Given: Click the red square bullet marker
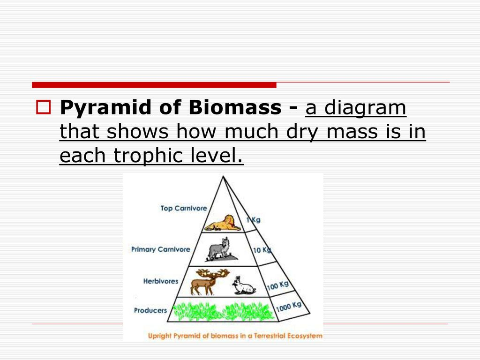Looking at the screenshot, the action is pyautogui.click(x=44, y=107).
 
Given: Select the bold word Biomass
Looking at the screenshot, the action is pyautogui.click(x=235, y=107).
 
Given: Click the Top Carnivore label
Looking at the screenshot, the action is pyautogui.click(x=184, y=209).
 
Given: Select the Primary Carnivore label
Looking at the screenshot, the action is pyautogui.click(x=161, y=249).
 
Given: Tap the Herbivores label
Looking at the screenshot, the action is pyautogui.click(x=161, y=281).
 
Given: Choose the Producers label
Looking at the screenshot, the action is pyautogui.click(x=150, y=310).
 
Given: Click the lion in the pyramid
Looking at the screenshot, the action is pyautogui.click(x=223, y=223).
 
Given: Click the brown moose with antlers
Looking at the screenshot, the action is pyautogui.click(x=209, y=282).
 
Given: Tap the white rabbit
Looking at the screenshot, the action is pyautogui.click(x=243, y=285).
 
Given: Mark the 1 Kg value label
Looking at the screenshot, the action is pyautogui.click(x=254, y=220).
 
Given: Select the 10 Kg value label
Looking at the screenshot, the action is pyautogui.click(x=262, y=250).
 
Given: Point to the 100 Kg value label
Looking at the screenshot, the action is pyautogui.click(x=277, y=285).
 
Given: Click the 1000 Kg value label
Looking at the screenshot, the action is pyautogui.click(x=289, y=307).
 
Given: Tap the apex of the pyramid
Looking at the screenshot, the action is pyautogui.click(x=223, y=176).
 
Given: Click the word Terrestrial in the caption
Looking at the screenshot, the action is pyautogui.click(x=270, y=336).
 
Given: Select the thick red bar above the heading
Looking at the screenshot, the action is pyautogui.click(x=154, y=85).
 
